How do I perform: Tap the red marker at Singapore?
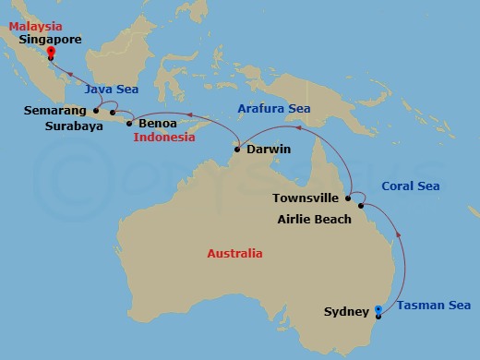pos(50,53)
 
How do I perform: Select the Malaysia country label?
pos(36,26)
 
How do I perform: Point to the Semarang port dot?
pos(96,110)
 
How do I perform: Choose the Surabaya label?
pos(77,126)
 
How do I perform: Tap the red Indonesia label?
pos(164,138)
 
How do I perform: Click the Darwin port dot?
pos(238,149)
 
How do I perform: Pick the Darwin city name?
pos(269,149)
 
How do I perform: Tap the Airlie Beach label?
pos(315,220)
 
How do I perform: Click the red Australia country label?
pos(234,253)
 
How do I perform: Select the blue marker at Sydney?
pos(378,309)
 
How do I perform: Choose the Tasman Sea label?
pos(434,306)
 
